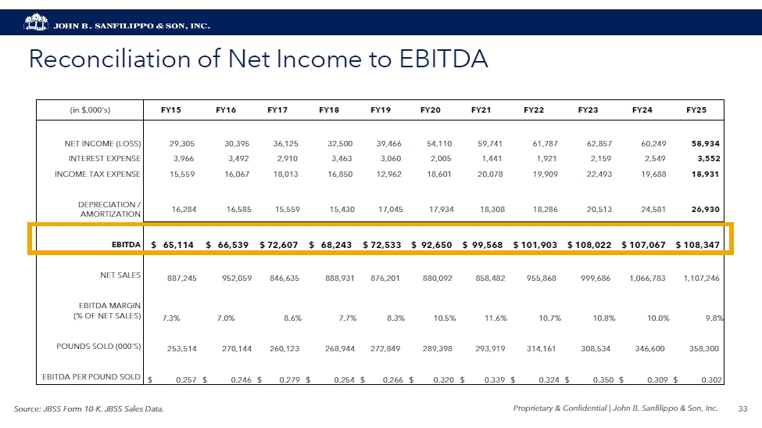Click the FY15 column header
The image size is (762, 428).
pyautogui.click(x=170, y=110)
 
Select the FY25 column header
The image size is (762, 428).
pyautogui.click(x=696, y=110)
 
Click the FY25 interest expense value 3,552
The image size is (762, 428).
pyautogui.click(x=703, y=159)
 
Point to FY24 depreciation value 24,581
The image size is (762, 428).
pyautogui.click(x=649, y=210)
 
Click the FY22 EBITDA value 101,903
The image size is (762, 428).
pyautogui.click(x=535, y=245)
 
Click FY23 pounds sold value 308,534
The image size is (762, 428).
pyautogui.click(x=596, y=348)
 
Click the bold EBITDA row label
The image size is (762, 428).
pyautogui.click(x=126, y=245)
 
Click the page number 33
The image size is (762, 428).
pyautogui.click(x=742, y=408)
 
